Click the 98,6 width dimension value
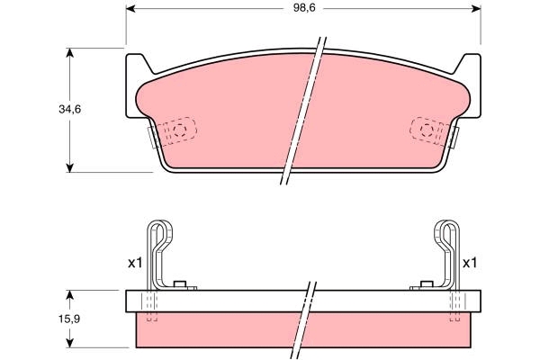pos(304,8)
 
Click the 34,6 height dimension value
pos(70,109)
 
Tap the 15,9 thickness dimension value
pos(69,319)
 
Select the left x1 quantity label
pos(135,264)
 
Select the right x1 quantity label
pos(470,264)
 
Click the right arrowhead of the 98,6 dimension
pos(476,9)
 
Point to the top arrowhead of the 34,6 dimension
pos(70,52)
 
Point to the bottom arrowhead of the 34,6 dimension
pos(70,168)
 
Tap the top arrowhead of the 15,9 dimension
pos(70,294)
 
